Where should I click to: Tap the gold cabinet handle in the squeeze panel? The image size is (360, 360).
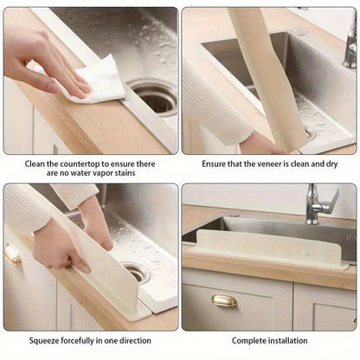coord(12,254)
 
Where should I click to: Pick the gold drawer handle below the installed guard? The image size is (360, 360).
coord(223,300)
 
